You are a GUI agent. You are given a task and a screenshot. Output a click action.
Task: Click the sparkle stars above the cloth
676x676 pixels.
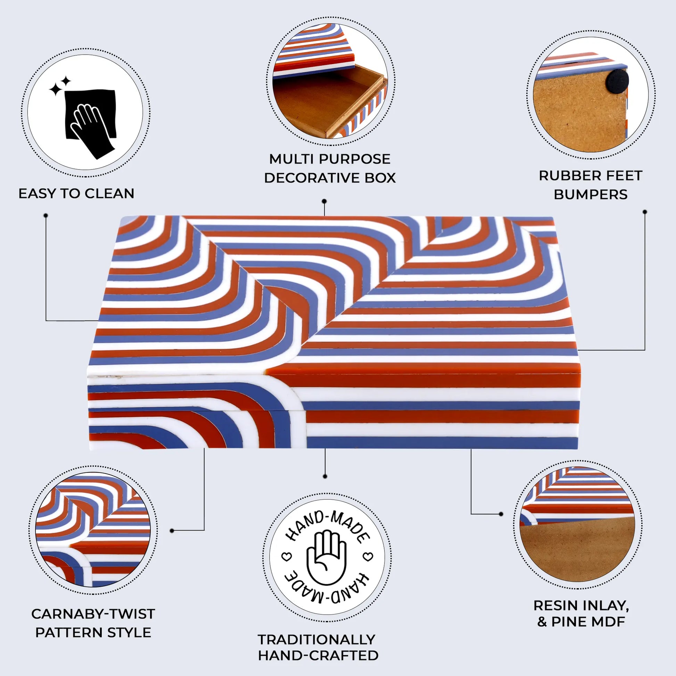pyautogui.click(x=59, y=86)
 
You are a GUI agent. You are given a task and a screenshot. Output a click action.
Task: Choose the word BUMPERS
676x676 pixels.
pyautogui.click(x=591, y=195)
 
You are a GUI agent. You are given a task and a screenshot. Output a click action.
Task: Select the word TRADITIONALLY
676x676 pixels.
pyautogui.click(x=316, y=639)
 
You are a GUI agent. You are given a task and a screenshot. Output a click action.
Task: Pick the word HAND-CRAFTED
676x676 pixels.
pyautogui.click(x=318, y=656)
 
